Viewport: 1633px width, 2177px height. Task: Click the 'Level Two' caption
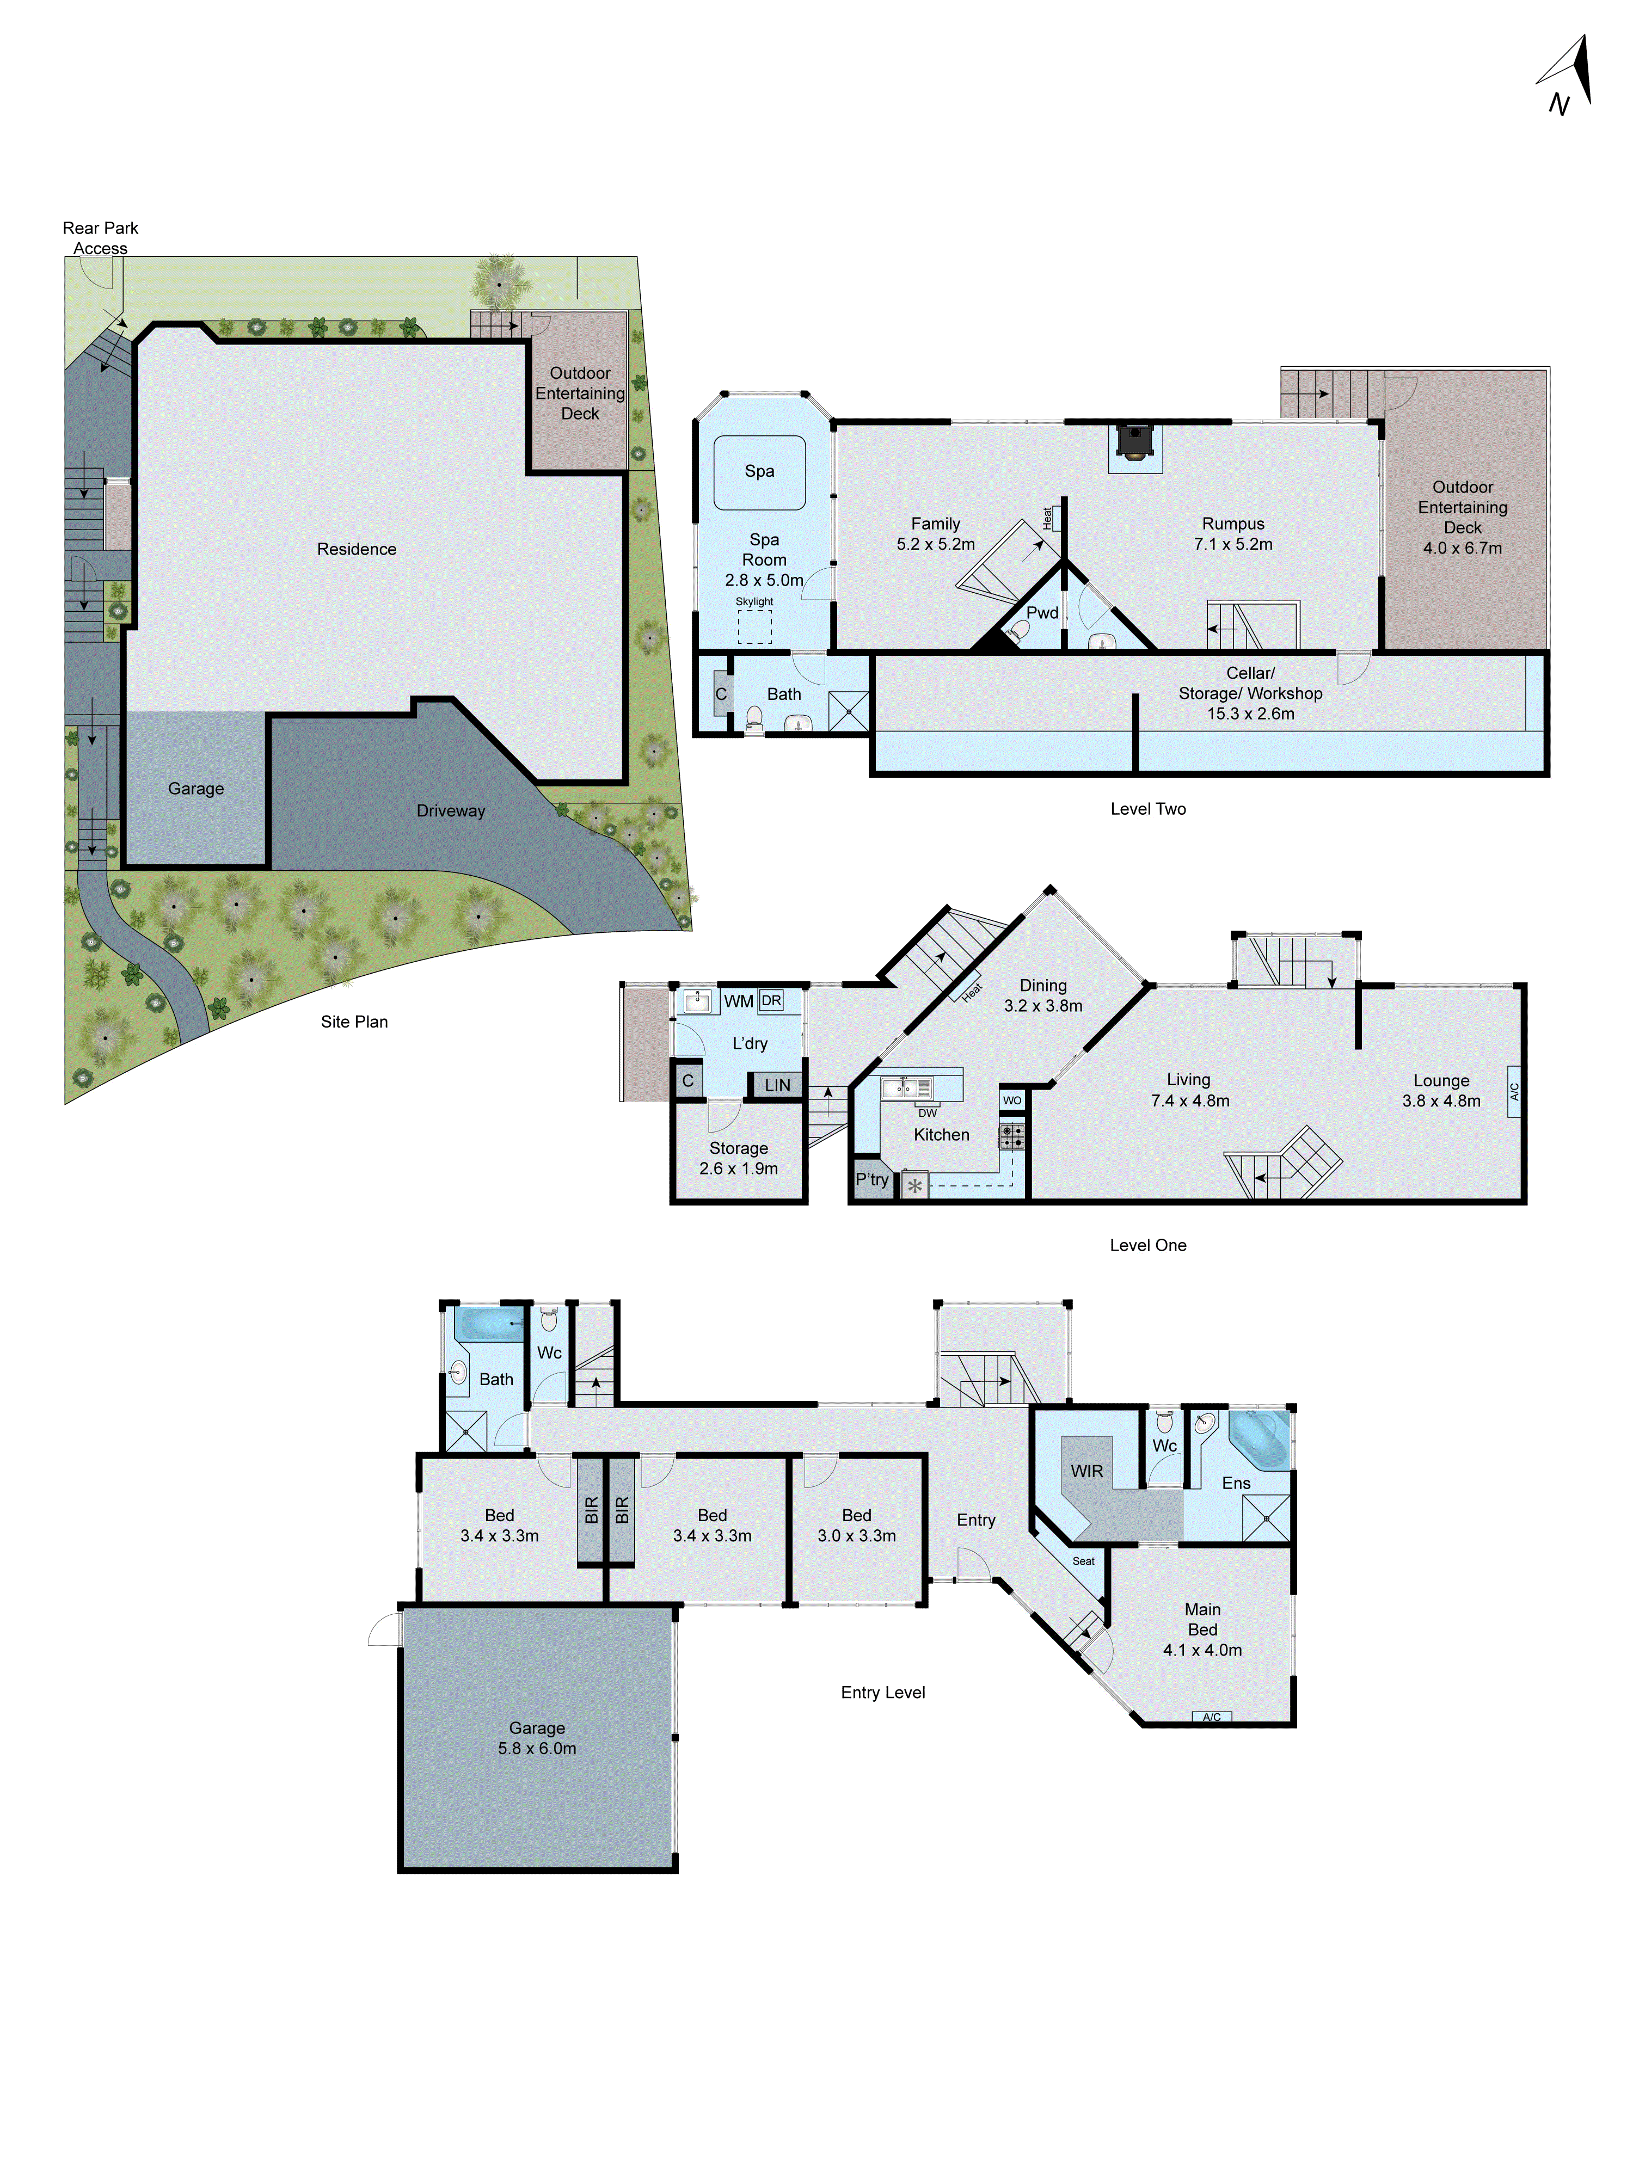(x=1147, y=809)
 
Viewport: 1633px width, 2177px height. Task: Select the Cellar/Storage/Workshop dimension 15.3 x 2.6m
(x=1250, y=714)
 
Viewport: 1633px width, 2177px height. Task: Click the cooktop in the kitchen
(x=1012, y=1137)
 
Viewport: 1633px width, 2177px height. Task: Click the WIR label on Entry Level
(x=1086, y=1471)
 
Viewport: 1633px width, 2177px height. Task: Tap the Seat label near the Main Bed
(x=1083, y=1561)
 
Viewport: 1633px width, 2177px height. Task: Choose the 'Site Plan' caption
(x=354, y=1022)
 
